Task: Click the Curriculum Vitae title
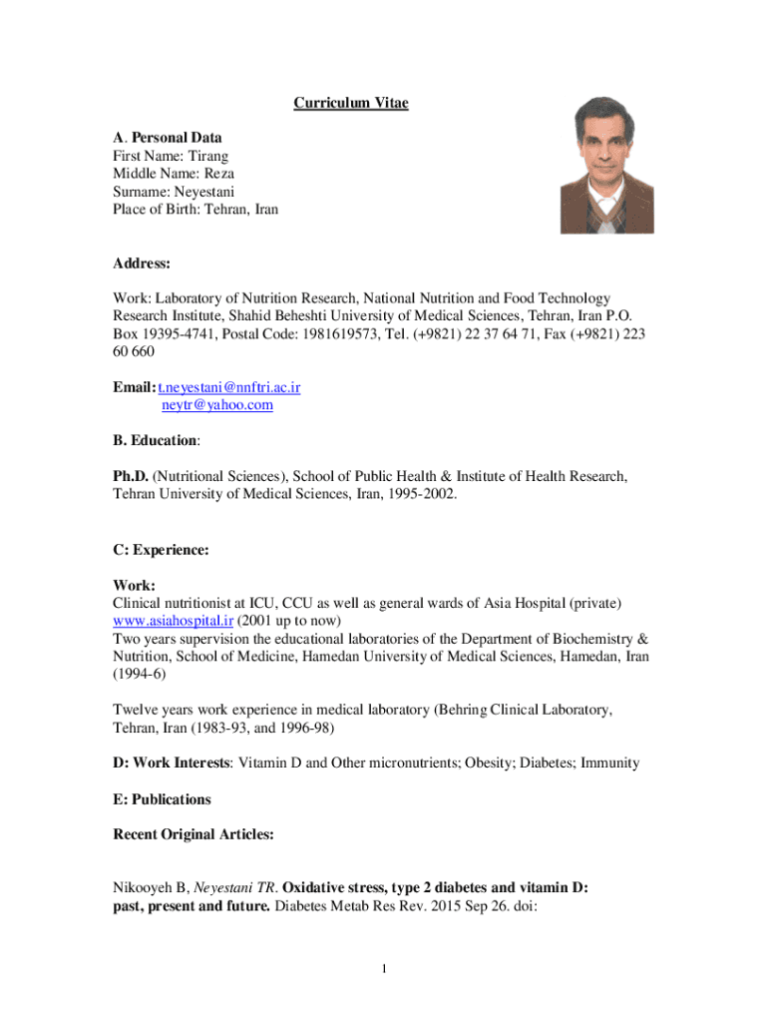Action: pyautogui.click(x=350, y=104)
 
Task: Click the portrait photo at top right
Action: pyautogui.click(x=606, y=165)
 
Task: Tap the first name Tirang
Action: pyautogui.click(x=208, y=156)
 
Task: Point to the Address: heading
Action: pyautogui.click(x=142, y=264)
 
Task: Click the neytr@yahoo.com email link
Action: pyautogui.click(x=216, y=405)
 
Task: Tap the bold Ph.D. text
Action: pyautogui.click(x=130, y=476)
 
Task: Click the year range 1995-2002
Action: pyautogui.click(x=423, y=494)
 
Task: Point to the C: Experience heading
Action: pyautogui.click(x=161, y=549)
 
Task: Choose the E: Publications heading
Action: pyautogui.click(x=162, y=799)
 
